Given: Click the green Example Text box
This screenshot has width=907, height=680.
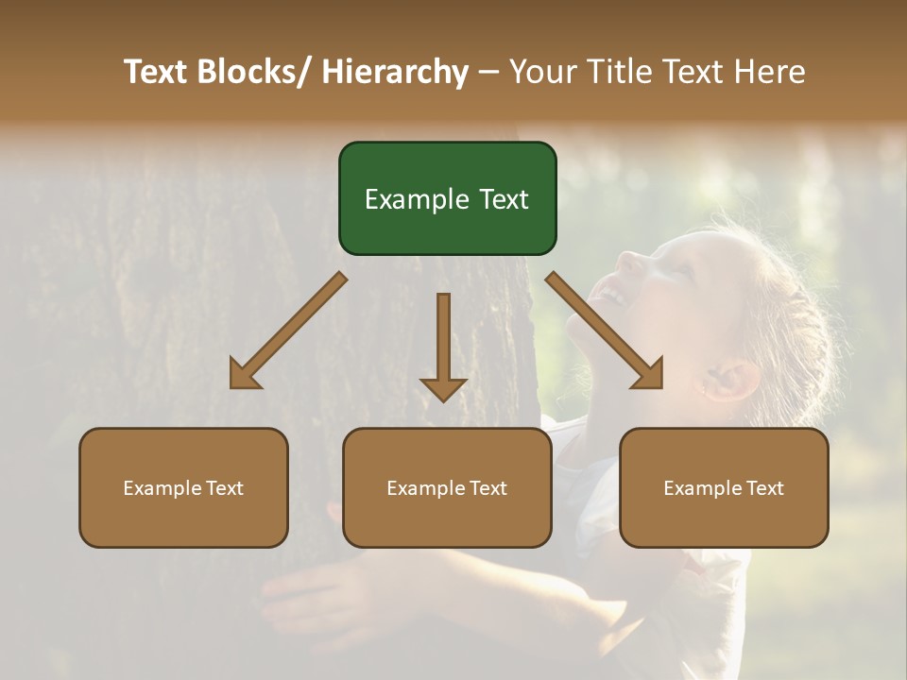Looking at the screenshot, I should point(447,198).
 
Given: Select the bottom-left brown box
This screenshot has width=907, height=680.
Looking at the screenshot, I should point(183,487).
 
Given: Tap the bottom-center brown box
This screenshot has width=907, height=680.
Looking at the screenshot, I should point(447,487).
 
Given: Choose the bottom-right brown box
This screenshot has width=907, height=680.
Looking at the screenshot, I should point(724,487).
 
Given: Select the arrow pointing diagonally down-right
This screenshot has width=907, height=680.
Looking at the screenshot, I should point(606,331).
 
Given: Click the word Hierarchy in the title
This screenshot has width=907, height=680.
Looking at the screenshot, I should point(395,72).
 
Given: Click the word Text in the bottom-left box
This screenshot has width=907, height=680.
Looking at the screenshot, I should point(224,488).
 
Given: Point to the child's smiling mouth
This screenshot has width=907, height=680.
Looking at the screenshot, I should point(611,297).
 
